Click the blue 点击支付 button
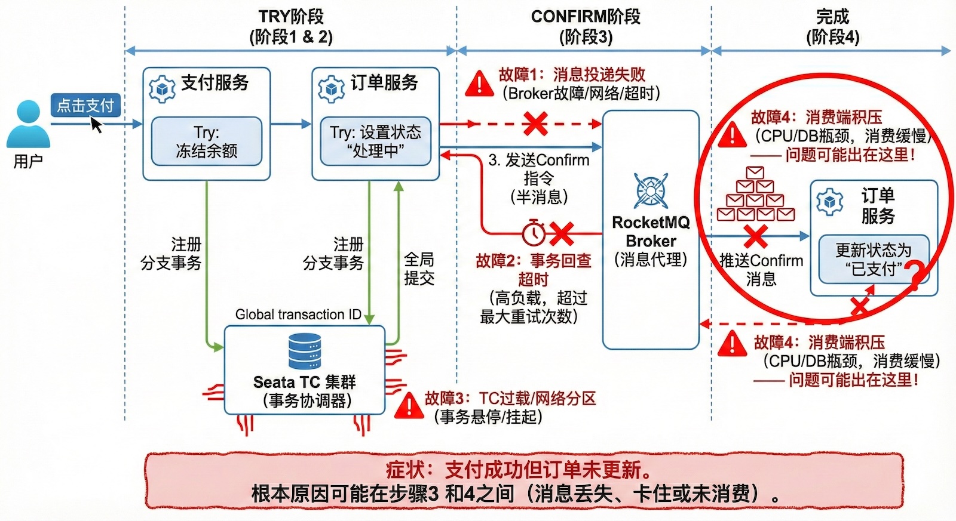point(85,106)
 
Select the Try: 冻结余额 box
point(206,141)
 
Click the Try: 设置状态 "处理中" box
point(375,141)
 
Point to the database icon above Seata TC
point(305,352)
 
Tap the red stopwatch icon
point(534,233)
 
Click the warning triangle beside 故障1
point(479,84)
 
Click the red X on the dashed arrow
point(535,124)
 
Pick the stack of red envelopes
point(755,195)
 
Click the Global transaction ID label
point(298,315)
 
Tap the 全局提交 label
point(419,269)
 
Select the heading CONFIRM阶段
point(585,17)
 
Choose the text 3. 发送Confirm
point(538,160)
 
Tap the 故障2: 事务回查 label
point(534,261)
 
